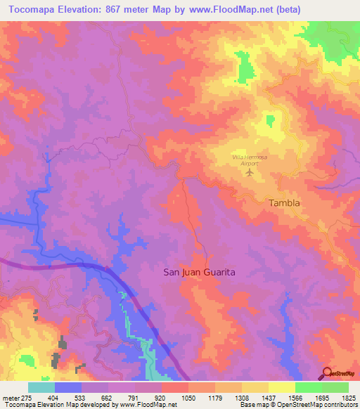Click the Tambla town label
[x=285, y=203]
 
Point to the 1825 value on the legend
[x=349, y=398]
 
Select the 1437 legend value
[x=268, y=398]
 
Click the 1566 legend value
[x=295, y=398]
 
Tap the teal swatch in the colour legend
[x=41, y=387]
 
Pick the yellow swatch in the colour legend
[x=282, y=387]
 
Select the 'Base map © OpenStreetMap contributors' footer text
[x=298, y=405]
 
